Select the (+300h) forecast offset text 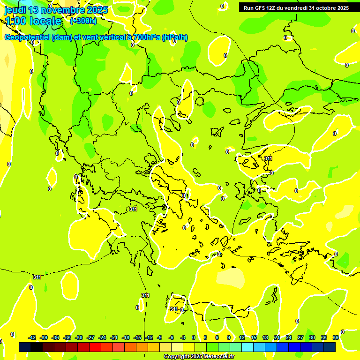click(83, 21)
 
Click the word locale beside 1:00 click(45, 21)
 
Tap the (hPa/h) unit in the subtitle click(174, 37)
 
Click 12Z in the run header click(274, 8)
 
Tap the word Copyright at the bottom click(176, 357)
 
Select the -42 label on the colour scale click(32, 337)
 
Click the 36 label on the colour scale click(336, 337)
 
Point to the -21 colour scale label click(114, 337)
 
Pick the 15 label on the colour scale click(254, 337)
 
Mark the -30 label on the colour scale click(79, 337)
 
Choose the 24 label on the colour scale click(289, 337)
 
